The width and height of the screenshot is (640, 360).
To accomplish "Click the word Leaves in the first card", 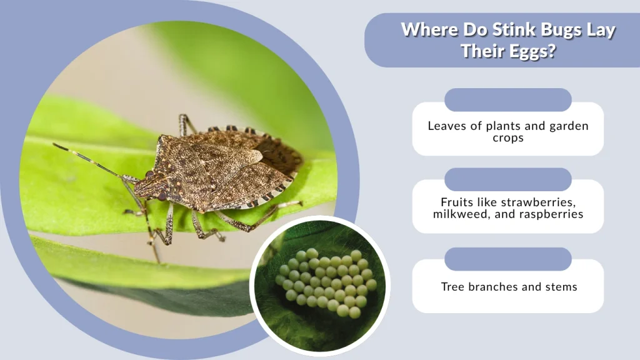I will click(446, 126).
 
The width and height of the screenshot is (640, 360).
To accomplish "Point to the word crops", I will click(508, 137).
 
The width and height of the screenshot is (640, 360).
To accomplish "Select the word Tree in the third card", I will click(452, 287).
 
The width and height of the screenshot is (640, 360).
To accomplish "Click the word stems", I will click(560, 287).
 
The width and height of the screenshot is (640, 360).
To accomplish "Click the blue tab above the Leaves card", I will click(508, 100).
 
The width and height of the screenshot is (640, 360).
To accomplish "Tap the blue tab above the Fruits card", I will click(508, 179).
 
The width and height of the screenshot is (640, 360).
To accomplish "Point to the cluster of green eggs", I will click(325, 282).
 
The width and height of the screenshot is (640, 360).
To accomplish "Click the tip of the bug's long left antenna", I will click(55, 146).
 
